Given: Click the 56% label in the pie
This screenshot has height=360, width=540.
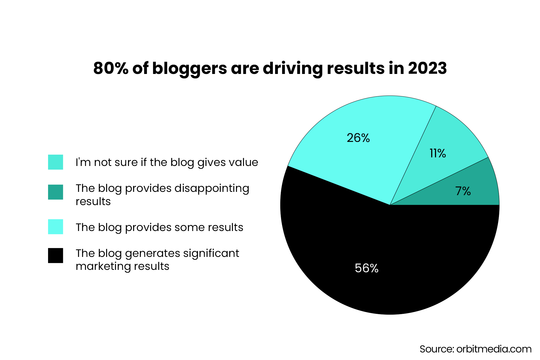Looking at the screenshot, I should (x=366, y=268).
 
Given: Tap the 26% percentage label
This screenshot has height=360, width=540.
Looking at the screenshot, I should (x=358, y=138).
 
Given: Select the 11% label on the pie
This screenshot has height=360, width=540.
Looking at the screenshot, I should (x=438, y=153).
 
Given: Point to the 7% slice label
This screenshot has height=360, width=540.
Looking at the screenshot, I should (x=463, y=191).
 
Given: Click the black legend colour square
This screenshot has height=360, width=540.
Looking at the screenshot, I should (x=56, y=255).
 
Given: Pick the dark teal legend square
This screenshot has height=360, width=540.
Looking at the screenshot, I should (x=56, y=192).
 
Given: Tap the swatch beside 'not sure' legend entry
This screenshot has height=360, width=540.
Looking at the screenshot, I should (x=56, y=162).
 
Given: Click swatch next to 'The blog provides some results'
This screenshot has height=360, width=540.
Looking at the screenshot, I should (x=56, y=227).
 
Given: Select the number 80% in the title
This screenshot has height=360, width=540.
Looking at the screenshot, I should (x=111, y=68).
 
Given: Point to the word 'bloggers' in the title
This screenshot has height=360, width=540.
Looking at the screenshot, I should (x=190, y=69).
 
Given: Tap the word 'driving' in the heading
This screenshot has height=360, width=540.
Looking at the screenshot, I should (x=293, y=69).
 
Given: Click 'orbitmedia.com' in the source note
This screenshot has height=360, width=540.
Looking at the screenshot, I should (x=494, y=349).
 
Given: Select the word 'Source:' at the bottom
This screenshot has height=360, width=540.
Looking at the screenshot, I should (x=437, y=349).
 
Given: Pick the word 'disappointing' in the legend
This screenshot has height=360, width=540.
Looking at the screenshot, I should (x=212, y=188).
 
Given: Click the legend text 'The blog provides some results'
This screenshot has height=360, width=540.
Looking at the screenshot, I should (x=159, y=227).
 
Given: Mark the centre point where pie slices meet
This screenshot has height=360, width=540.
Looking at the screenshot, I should (x=390, y=205).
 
